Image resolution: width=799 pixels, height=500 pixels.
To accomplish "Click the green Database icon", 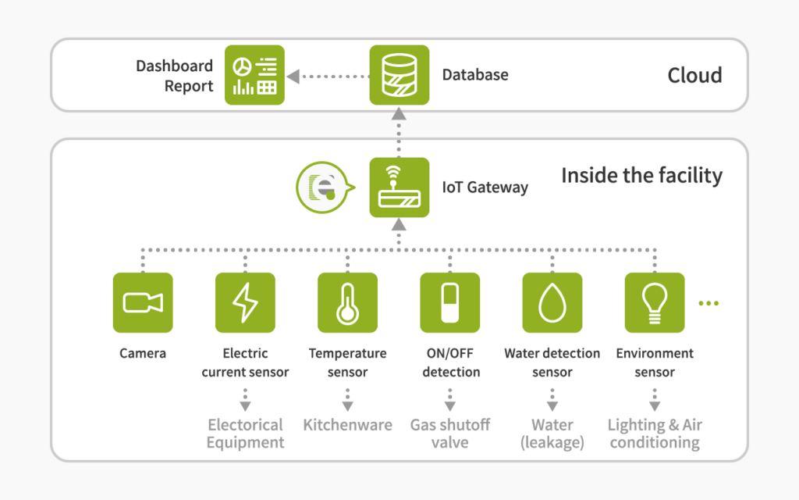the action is click(399, 75).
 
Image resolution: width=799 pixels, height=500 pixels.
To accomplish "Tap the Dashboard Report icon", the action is click(255, 75).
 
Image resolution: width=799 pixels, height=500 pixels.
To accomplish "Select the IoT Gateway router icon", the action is click(399, 187).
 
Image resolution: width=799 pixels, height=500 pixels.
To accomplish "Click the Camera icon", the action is click(143, 302).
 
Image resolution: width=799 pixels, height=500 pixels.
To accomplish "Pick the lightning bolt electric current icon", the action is click(245, 302).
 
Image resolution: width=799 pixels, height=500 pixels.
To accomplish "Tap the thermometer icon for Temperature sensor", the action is click(347, 302).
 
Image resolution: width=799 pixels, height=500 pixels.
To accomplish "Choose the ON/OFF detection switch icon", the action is click(450, 302).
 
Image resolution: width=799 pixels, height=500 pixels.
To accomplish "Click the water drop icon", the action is click(552, 302).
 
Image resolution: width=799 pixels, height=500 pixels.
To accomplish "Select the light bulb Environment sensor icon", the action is click(655, 302).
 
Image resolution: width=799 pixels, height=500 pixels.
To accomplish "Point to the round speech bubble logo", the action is click(324, 187).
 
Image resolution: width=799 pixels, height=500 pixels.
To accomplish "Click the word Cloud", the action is click(694, 76).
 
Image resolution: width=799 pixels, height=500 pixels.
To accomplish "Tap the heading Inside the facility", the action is click(642, 176).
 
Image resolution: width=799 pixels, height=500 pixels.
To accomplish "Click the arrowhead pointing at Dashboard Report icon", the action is click(293, 77).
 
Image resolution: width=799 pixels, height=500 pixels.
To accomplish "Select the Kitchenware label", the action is click(347, 424).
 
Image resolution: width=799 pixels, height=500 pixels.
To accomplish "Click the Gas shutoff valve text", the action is click(450, 433).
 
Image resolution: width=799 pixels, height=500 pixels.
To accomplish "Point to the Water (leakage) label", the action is click(552, 433).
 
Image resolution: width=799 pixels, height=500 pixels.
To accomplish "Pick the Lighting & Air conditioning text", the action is click(655, 433).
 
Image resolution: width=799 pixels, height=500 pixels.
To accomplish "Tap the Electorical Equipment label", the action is click(245, 433).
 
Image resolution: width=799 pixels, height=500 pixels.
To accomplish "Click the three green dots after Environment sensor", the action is click(708, 303).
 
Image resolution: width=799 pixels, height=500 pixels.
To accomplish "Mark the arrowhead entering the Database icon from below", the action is click(399, 114).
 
